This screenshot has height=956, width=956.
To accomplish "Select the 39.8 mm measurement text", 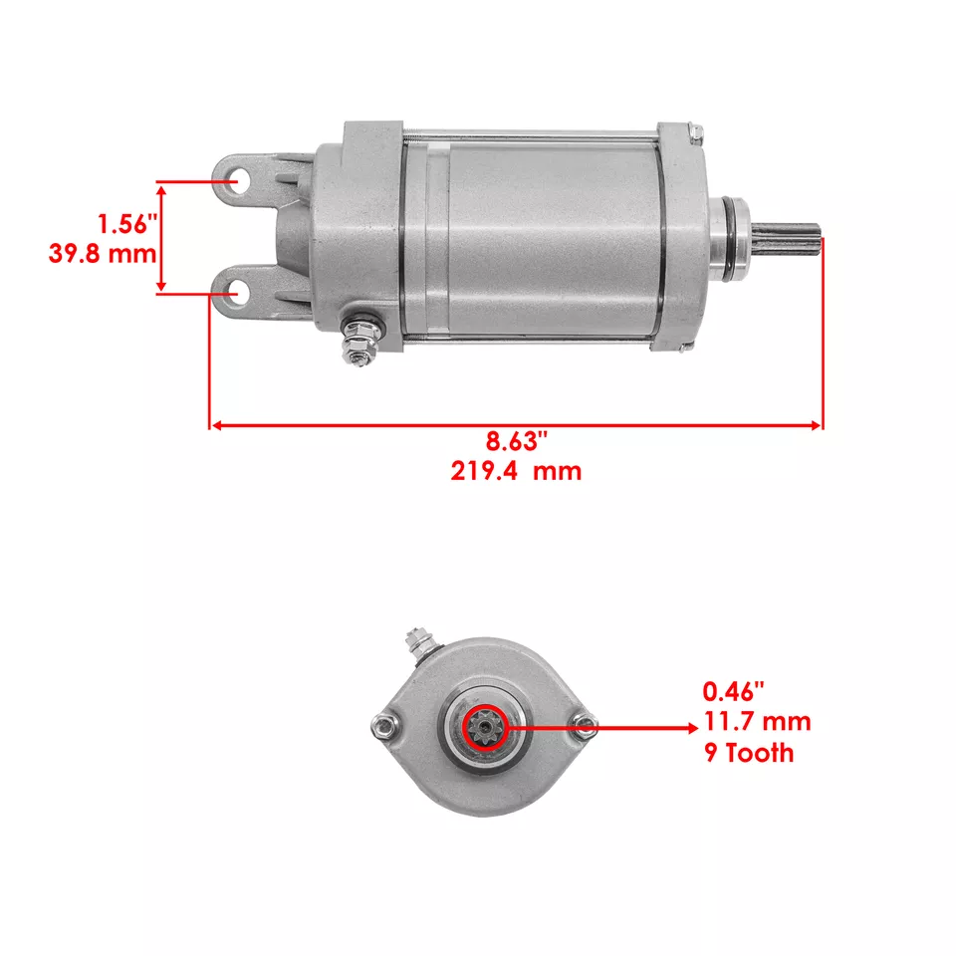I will click(103, 253).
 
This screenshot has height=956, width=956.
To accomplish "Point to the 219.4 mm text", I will click(515, 470).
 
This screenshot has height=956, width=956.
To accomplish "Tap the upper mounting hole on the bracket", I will click(237, 183).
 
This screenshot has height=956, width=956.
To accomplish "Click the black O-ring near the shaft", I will click(735, 242).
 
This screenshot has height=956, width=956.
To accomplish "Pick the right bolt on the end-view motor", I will click(587, 728).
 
